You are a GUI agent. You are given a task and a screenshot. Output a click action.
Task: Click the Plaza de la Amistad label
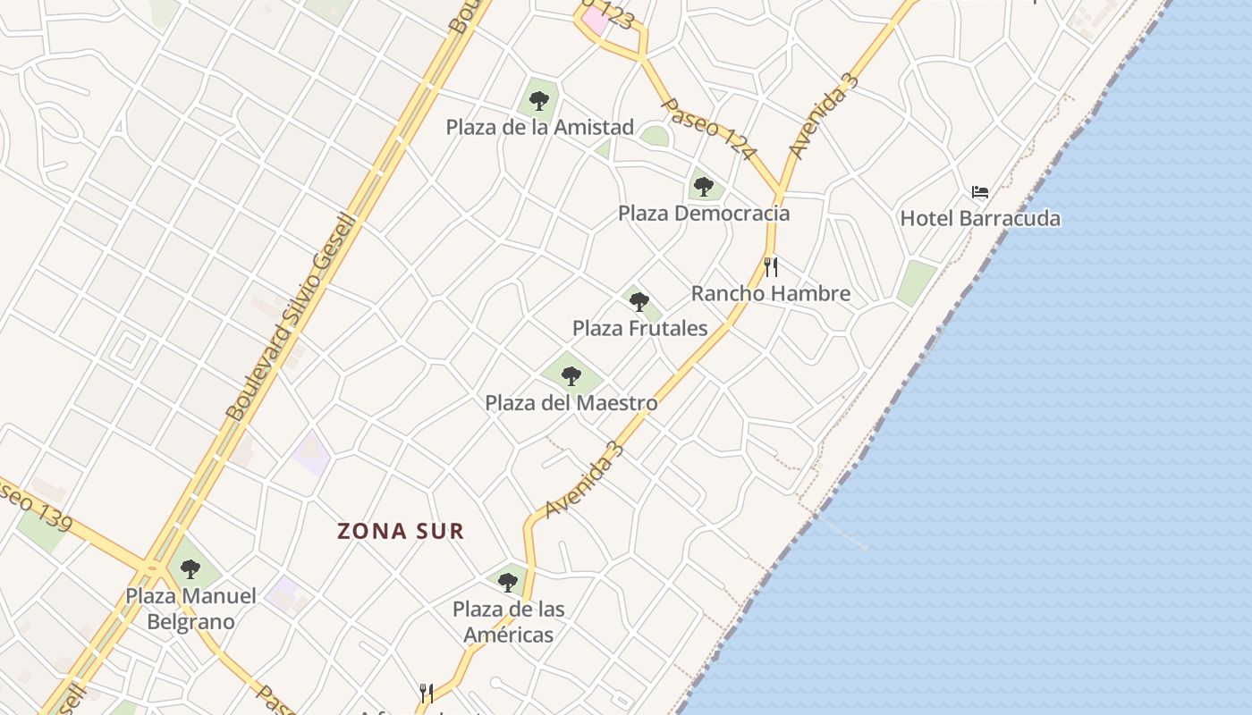point(539,127)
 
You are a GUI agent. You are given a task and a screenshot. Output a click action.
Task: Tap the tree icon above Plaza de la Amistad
point(538,101)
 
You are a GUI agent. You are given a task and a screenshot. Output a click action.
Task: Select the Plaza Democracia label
point(704,214)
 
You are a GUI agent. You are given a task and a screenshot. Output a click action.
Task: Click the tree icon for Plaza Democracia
point(704,187)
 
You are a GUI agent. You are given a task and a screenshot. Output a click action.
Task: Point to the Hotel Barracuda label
point(980,219)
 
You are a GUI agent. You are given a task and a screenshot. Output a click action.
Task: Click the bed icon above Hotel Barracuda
point(980,192)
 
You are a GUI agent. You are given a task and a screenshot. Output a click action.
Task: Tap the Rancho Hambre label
point(770,293)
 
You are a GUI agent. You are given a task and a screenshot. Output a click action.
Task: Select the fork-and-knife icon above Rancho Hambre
point(771,266)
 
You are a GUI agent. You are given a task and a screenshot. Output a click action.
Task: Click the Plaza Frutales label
point(639,328)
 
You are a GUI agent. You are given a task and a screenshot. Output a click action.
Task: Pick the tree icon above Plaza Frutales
point(639,302)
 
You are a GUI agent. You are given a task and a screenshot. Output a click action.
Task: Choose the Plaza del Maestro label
point(571,403)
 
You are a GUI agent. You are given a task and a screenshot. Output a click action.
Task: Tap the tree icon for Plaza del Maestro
point(571,376)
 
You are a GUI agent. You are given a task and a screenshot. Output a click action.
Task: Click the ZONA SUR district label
point(401,531)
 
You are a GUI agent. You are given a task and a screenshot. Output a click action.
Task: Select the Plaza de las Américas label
point(508,622)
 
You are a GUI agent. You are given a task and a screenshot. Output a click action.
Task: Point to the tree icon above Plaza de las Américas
point(508,583)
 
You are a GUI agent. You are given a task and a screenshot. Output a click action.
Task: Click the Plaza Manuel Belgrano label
point(190,609)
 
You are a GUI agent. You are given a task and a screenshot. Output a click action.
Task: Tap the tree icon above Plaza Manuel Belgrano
point(190,568)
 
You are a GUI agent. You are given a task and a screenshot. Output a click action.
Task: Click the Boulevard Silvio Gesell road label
point(291,317)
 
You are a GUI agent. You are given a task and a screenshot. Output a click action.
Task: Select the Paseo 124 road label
point(706,129)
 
